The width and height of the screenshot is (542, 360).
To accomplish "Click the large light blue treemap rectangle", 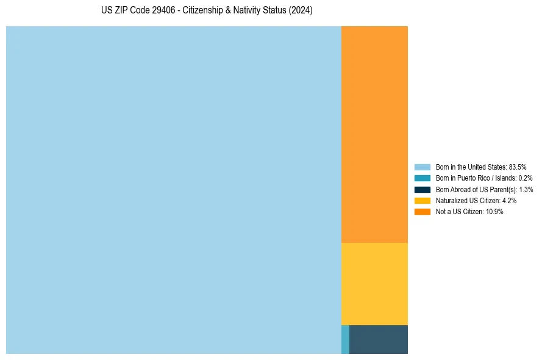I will (x=173, y=190).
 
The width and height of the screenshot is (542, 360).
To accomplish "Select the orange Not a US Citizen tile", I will (x=374, y=134).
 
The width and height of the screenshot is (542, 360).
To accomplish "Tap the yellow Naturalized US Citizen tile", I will (x=374, y=284).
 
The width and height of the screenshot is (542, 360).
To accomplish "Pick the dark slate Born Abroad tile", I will (x=379, y=339).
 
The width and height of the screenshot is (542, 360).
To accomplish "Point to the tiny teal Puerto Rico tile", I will (x=345, y=339).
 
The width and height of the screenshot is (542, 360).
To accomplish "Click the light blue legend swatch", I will (x=422, y=167).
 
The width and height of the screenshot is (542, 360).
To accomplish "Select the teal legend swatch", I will (x=422, y=178).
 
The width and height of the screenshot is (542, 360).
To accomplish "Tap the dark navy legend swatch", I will (x=422, y=189).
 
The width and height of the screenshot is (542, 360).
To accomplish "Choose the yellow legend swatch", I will (x=422, y=200).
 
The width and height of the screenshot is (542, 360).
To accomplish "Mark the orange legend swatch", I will (x=422, y=211).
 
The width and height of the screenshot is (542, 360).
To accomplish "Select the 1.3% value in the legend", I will (x=526, y=189).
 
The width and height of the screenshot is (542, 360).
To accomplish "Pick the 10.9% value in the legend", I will (x=494, y=211).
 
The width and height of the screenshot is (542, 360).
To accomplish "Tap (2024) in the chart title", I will (x=301, y=11).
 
